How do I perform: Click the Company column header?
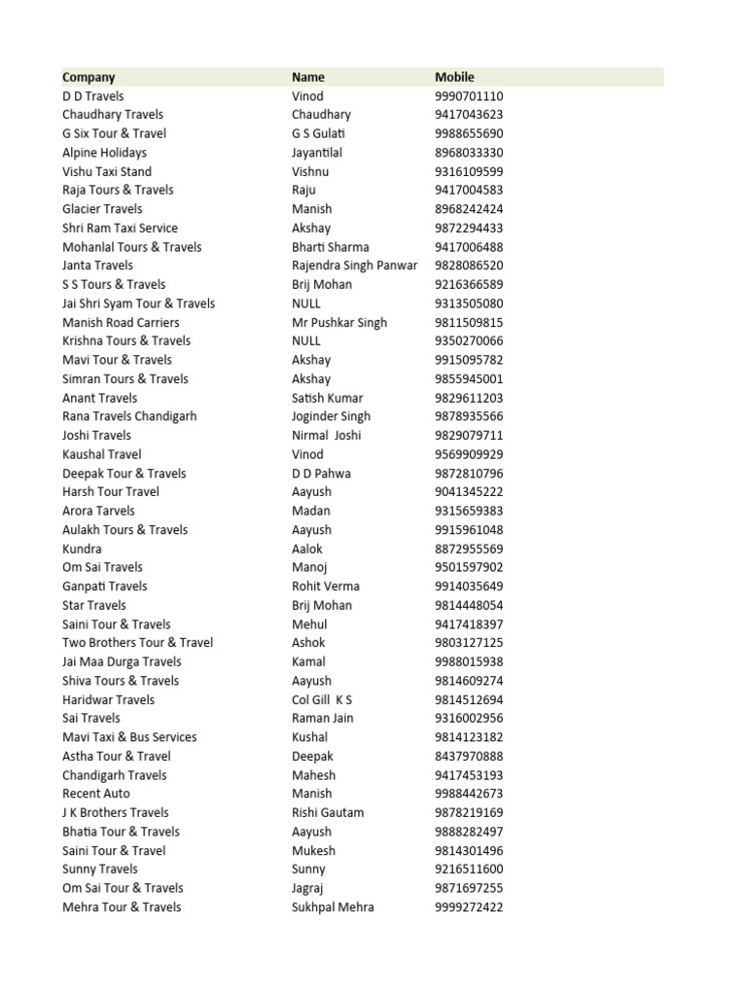click(x=89, y=77)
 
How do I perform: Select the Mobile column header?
click(x=454, y=77)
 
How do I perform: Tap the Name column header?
click(x=308, y=77)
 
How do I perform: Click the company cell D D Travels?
click(x=93, y=96)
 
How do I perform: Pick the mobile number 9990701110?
click(x=469, y=96)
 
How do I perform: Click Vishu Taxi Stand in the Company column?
click(x=107, y=171)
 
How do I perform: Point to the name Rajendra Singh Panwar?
click(x=354, y=266)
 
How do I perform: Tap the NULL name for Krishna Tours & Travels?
click(x=306, y=340)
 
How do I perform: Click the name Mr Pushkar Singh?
click(x=339, y=322)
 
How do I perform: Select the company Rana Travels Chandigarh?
click(x=129, y=416)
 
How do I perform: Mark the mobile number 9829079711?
click(x=469, y=435)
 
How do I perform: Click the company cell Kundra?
click(x=82, y=549)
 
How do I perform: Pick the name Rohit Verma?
click(x=326, y=587)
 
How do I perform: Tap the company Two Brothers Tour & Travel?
click(x=138, y=643)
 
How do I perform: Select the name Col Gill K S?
click(x=322, y=699)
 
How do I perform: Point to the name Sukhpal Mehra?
click(x=333, y=907)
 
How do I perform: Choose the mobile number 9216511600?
click(x=469, y=870)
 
